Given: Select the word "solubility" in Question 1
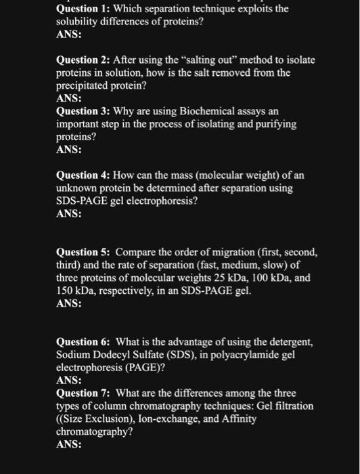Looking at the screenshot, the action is click(x=76, y=22).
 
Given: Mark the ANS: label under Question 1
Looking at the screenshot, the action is click(x=68, y=35).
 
